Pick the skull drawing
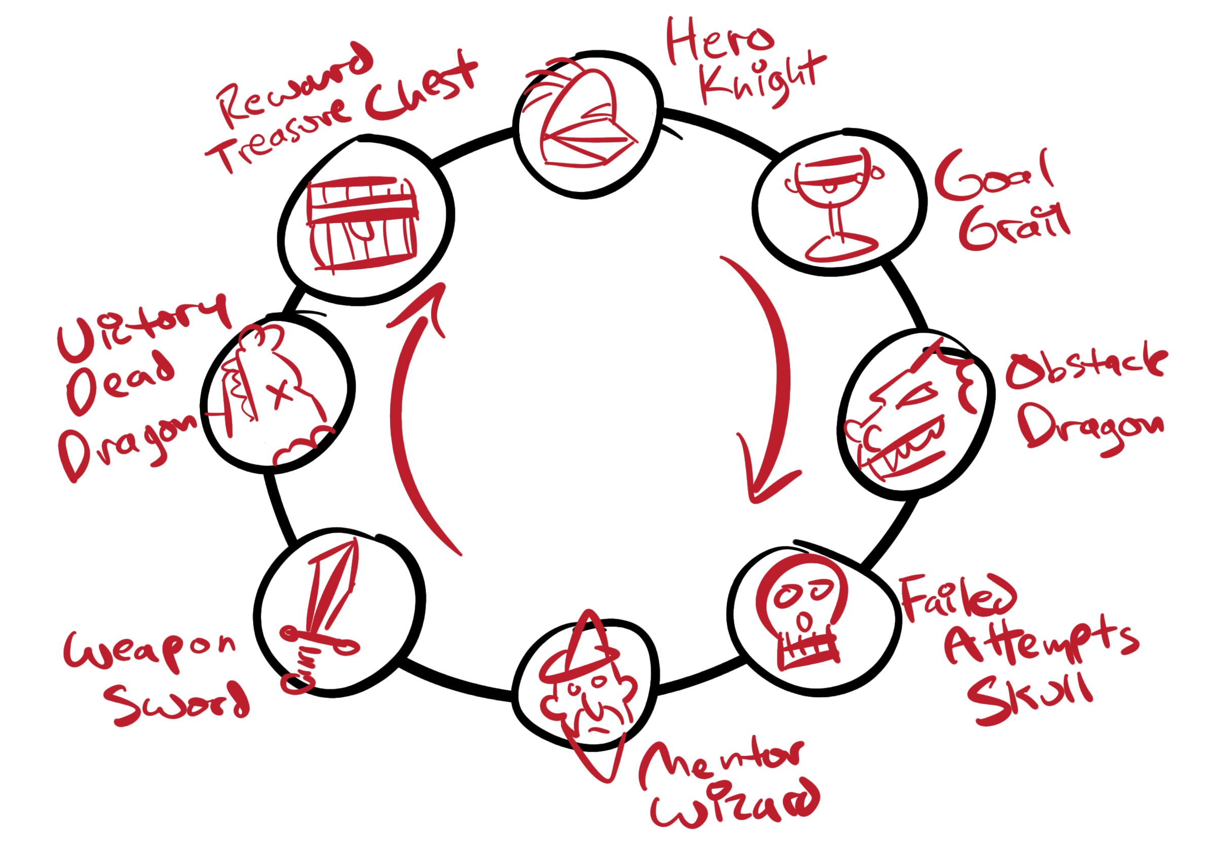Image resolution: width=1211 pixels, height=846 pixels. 804,612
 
